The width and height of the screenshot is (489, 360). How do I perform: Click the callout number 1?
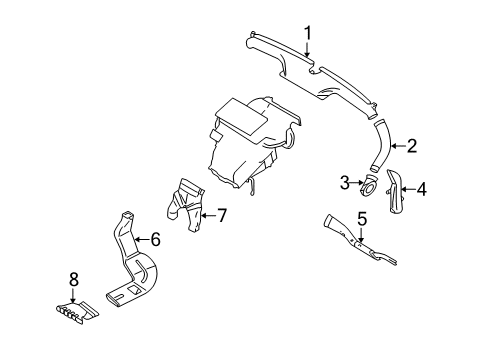tap(309, 34)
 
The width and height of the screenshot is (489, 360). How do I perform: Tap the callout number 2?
tap(411, 146)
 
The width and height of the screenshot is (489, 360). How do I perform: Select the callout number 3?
tap(345, 182)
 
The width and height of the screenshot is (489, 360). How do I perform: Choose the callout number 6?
tap(155, 239)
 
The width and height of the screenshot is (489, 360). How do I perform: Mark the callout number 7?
tap(222, 213)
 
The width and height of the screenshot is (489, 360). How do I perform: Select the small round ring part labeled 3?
tap(369, 185)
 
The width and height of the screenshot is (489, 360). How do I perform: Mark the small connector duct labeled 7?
tap(188, 204)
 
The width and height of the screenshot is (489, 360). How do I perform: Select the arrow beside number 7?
tap(206, 213)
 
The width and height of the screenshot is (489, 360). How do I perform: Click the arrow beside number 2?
tap(394, 146)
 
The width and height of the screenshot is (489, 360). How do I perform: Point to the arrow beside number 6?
tap(140, 239)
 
